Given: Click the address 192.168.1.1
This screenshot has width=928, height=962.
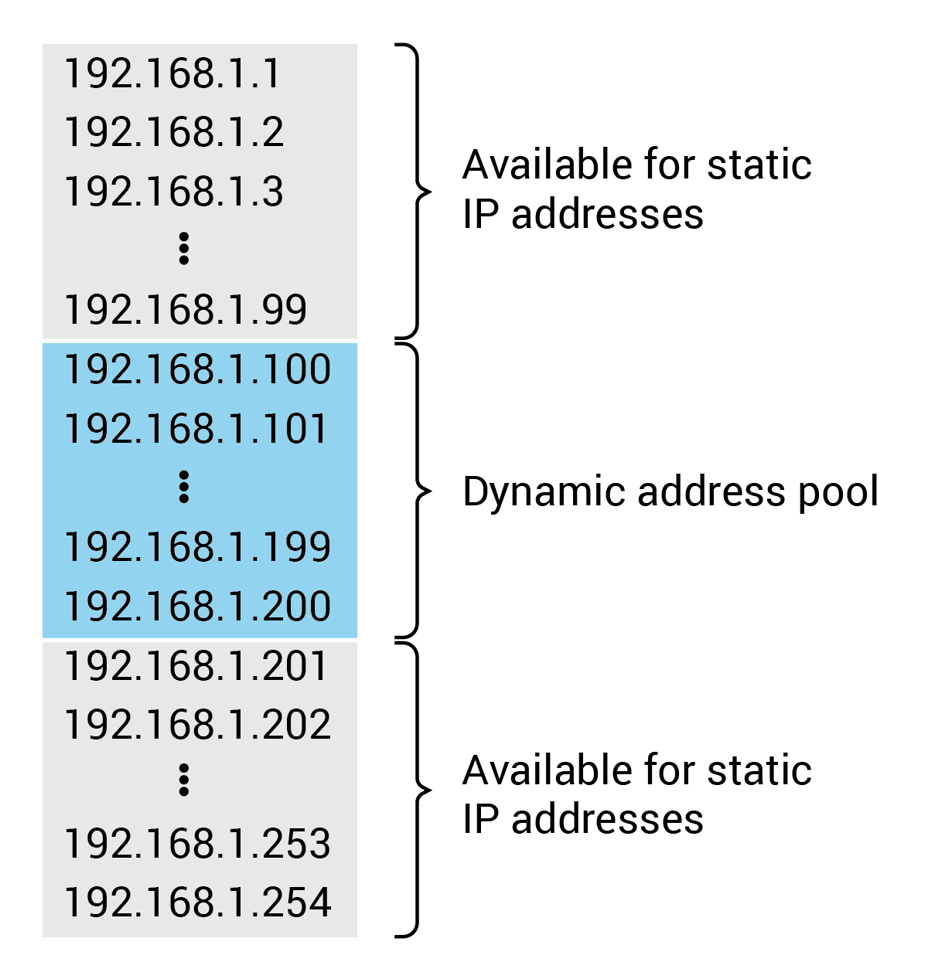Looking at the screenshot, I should point(172,74).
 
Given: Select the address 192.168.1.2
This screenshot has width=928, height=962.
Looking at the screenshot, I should point(174,132).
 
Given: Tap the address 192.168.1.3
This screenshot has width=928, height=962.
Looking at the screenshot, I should point(174,192).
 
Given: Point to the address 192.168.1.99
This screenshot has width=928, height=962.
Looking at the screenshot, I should point(186,310).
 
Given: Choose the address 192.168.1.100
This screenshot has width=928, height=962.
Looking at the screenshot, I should point(197,369).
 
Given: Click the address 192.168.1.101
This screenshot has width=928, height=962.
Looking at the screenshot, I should point(196,429).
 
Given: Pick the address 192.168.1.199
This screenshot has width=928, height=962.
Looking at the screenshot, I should point(197,547).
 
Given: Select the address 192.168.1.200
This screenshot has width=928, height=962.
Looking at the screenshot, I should point(197,607).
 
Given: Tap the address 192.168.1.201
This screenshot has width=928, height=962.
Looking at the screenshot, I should point(196,666).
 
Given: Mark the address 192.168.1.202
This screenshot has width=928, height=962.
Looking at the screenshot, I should point(197,725).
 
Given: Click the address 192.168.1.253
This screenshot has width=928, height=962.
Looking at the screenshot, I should point(197,844).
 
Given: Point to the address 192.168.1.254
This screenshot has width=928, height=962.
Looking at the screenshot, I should point(197,903).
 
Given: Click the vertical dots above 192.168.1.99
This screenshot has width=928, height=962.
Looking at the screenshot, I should point(183,249).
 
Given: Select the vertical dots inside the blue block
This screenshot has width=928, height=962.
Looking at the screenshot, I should point(183,487).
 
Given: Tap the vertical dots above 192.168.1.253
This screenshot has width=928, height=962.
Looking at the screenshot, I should point(183,780).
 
